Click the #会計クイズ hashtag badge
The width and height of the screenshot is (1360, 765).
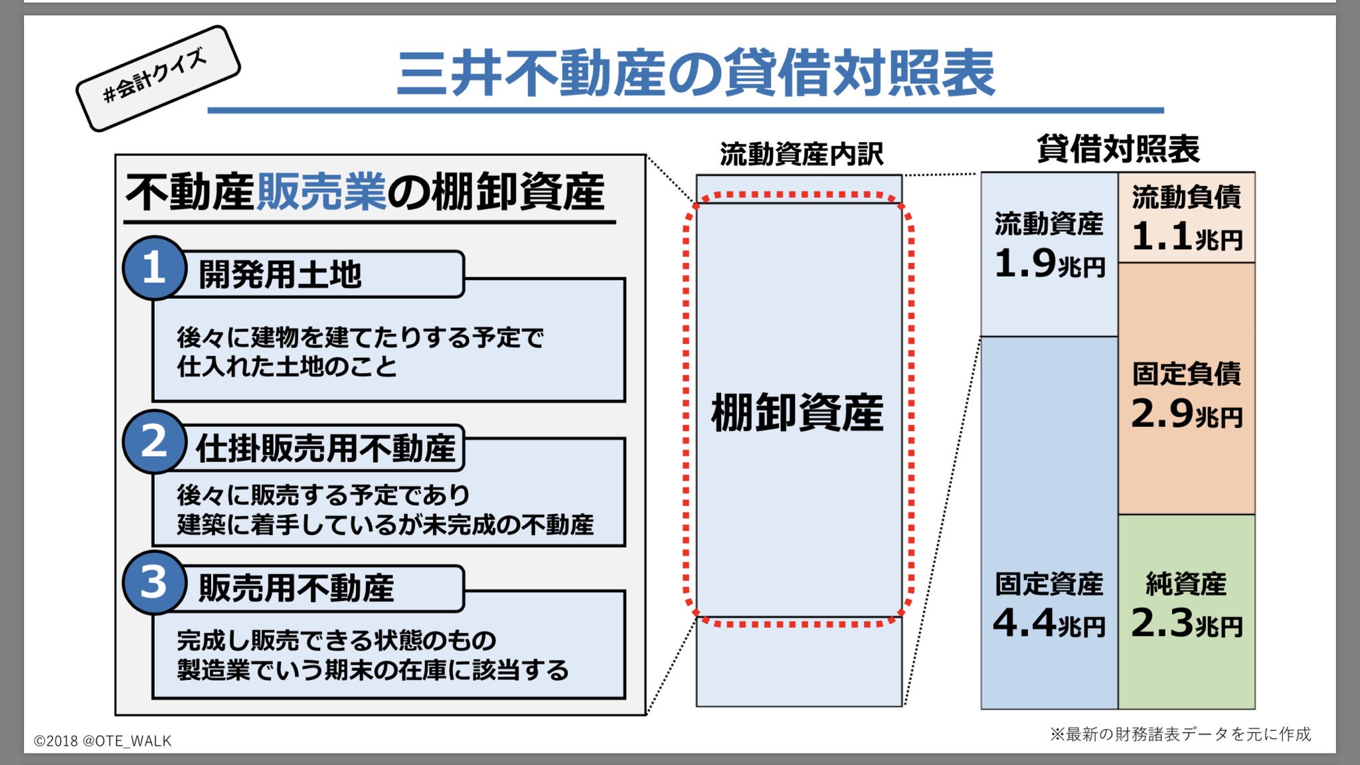click(x=157, y=78)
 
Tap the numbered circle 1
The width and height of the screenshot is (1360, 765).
click(x=154, y=268)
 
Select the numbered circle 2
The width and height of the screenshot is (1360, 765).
click(x=154, y=442)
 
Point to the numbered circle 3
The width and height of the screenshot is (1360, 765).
click(x=154, y=582)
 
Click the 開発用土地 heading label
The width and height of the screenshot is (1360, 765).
click(x=280, y=274)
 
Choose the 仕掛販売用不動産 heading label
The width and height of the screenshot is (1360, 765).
click(x=325, y=448)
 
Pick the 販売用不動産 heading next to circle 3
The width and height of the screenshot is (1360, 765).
click(x=296, y=588)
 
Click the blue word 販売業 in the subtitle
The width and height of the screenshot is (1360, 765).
click(x=321, y=192)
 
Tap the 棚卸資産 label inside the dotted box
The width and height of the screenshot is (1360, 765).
click(x=798, y=412)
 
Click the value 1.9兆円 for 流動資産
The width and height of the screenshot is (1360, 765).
click(x=1049, y=264)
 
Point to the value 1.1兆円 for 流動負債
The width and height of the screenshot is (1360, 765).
click(x=1187, y=237)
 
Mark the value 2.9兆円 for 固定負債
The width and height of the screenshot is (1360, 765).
click(x=1187, y=414)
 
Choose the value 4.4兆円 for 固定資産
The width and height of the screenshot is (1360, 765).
click(x=1049, y=624)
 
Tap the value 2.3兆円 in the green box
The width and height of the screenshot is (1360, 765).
click(x=1187, y=624)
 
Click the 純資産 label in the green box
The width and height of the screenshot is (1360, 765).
click(x=1187, y=584)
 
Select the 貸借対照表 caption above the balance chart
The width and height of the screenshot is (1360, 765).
click(x=1118, y=149)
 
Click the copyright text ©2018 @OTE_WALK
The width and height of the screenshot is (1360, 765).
click(x=103, y=741)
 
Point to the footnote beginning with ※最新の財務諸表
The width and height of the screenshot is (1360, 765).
click(x=1180, y=734)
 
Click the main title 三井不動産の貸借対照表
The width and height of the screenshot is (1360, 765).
click(x=695, y=73)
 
